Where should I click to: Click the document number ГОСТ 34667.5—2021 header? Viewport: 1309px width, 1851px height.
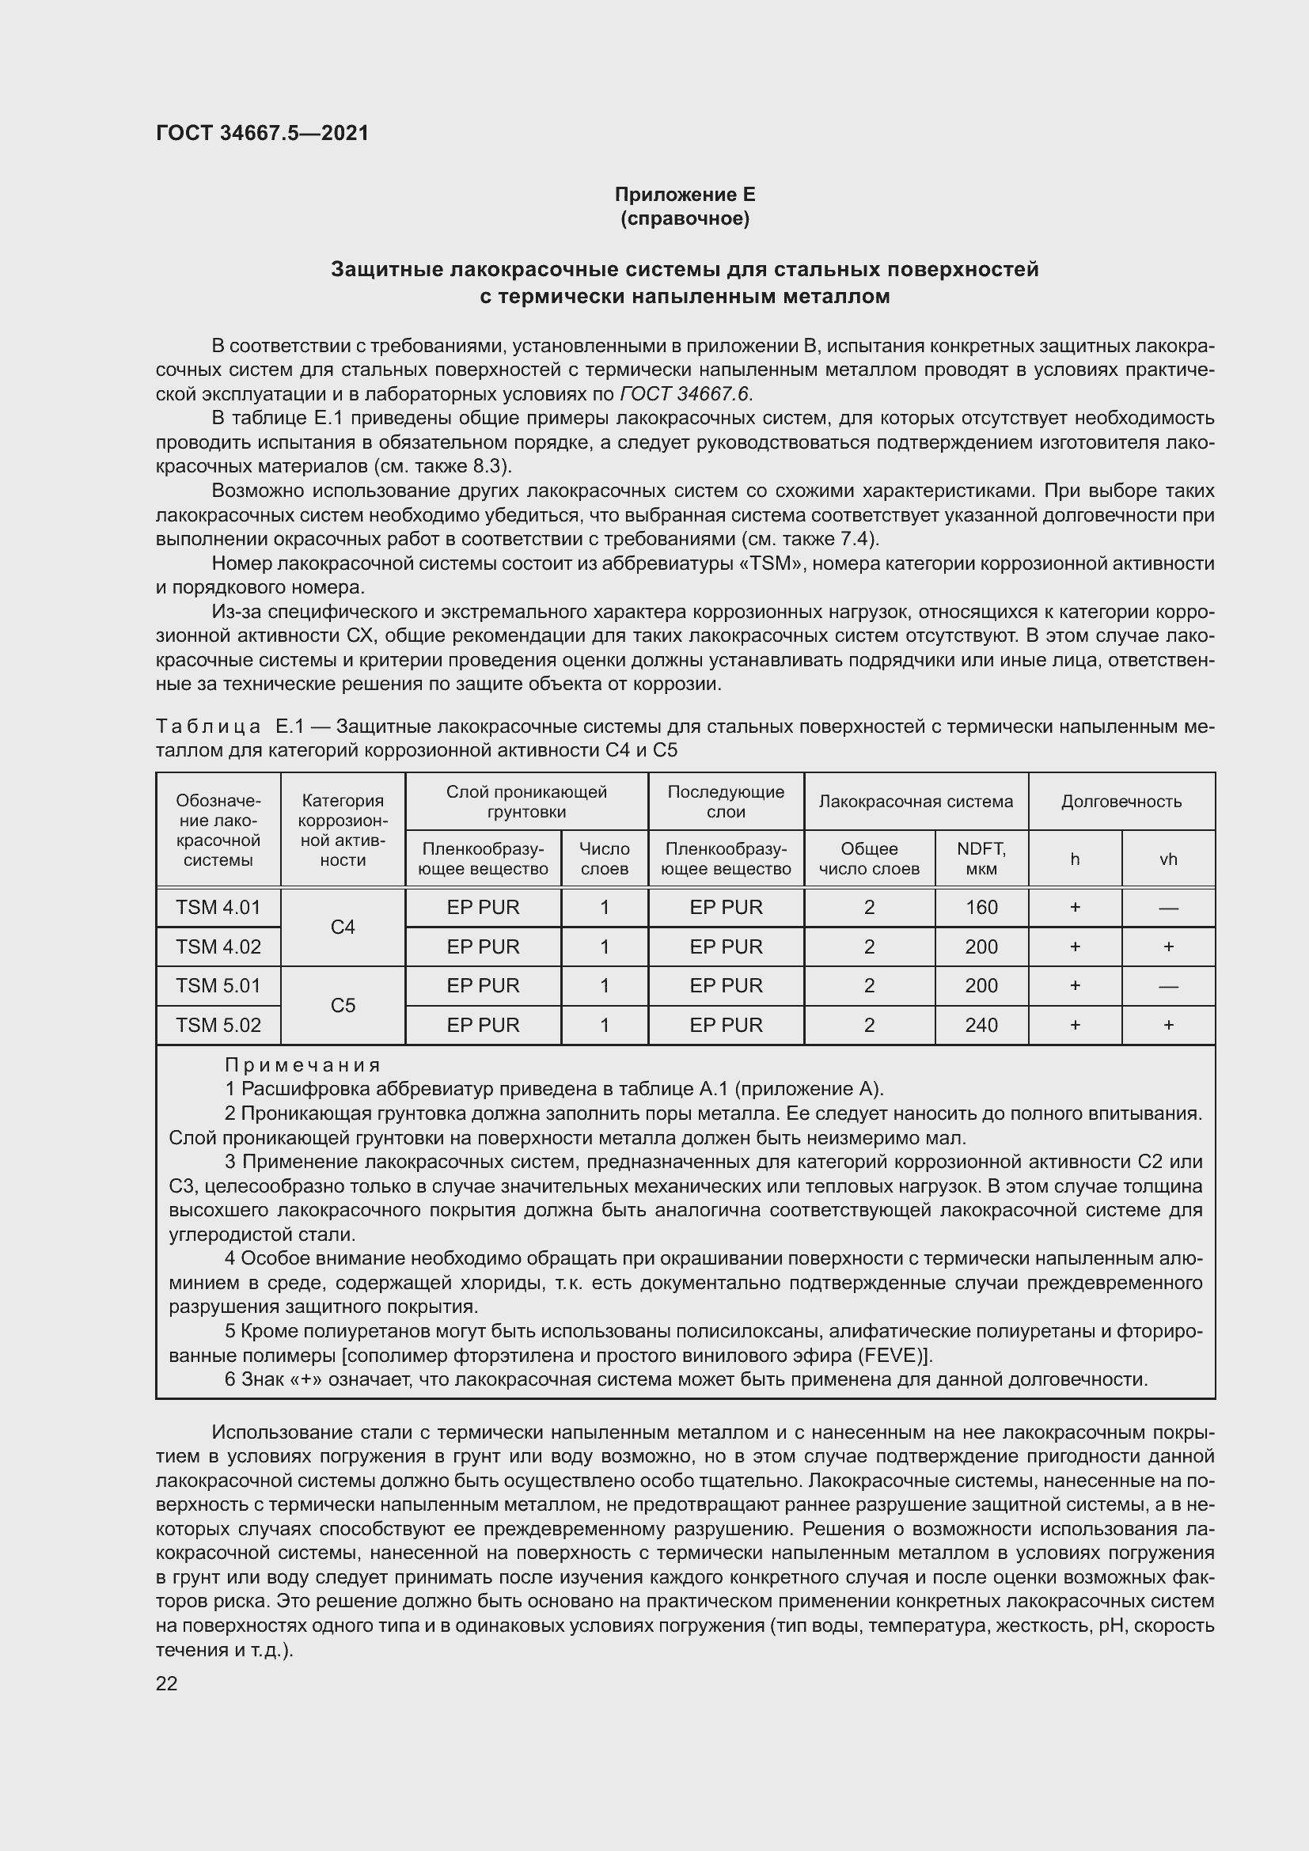(262, 133)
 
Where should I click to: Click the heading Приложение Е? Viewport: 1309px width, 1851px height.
(685, 195)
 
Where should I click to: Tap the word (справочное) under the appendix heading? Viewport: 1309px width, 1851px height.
(685, 218)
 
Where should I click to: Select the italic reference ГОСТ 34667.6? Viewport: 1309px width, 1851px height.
(685, 393)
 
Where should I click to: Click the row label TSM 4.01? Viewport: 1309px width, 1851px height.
(218, 907)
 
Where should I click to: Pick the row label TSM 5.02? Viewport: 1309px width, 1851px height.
(218, 1025)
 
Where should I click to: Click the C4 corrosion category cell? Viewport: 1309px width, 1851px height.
(343, 927)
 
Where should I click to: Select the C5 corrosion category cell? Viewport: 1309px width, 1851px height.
(343, 1005)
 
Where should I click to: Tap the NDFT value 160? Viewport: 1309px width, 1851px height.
(981, 907)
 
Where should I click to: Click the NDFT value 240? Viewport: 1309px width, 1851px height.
(981, 1025)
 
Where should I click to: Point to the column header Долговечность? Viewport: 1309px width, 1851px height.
(1121, 802)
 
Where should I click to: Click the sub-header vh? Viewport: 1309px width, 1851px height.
(1168, 859)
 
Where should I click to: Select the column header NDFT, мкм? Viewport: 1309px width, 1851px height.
(981, 859)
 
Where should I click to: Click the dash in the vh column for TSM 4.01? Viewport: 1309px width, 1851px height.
(1168, 908)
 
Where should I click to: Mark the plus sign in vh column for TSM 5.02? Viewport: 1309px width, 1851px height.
(1168, 1025)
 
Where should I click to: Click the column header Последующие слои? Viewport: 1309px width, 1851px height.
(726, 802)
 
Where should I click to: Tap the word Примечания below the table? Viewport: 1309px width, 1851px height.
(302, 1065)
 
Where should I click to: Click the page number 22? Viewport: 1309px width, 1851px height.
(167, 1683)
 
